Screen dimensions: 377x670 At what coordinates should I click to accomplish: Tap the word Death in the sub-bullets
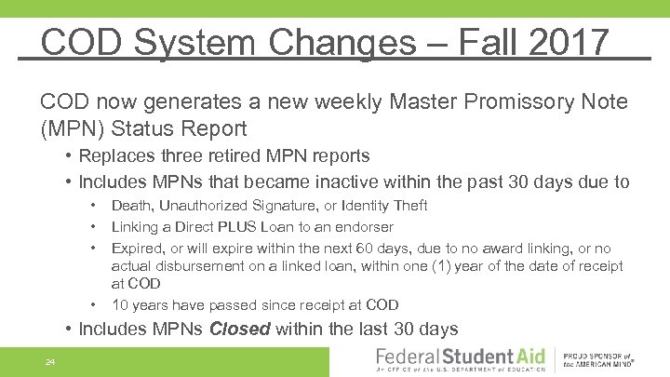[x=132, y=206]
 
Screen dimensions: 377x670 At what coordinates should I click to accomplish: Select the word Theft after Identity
[x=409, y=206]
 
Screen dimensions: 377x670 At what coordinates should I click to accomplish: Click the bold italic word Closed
[x=241, y=329]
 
